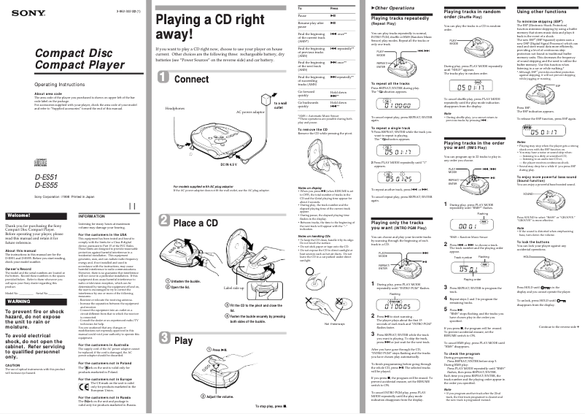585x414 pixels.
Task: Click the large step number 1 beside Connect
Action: point(165,79)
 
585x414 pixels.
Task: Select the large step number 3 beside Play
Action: point(165,340)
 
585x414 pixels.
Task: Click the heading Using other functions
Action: point(541,12)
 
